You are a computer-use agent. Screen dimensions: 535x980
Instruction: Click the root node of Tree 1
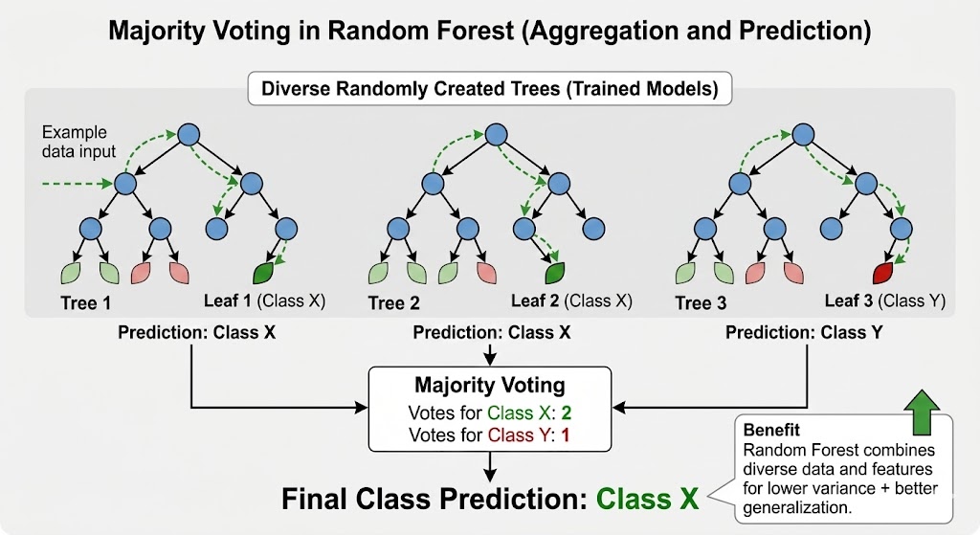coord(189,135)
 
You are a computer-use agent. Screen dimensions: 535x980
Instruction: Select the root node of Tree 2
coord(495,135)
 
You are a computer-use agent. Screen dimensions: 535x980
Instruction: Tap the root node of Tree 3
coord(801,135)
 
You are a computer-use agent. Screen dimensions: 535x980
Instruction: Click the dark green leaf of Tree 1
coord(265,272)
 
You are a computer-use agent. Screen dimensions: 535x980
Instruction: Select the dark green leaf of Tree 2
coord(554,272)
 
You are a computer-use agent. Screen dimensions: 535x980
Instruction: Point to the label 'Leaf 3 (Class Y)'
coord(884,301)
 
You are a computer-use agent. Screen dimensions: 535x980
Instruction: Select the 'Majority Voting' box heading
coord(490,387)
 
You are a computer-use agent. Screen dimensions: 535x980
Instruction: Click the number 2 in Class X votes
coord(568,413)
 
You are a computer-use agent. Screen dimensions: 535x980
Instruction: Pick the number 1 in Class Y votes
coord(567,435)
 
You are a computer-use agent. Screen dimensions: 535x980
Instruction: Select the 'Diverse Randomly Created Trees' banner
coord(490,90)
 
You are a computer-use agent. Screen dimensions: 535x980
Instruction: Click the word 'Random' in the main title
coord(376,31)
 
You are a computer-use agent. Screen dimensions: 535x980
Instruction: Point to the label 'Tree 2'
coord(392,302)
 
